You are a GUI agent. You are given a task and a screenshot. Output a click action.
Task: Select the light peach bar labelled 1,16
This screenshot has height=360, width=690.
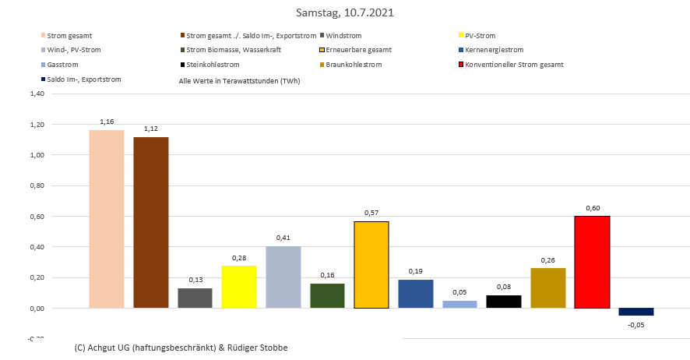(107, 219)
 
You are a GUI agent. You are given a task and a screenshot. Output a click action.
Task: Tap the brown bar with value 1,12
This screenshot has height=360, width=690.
(151, 222)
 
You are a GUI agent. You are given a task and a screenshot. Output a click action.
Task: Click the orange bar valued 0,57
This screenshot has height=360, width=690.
(371, 265)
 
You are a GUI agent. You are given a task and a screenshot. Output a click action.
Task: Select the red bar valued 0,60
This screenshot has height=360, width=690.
(592, 262)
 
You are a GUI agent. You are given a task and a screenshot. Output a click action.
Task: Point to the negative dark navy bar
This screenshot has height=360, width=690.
(636, 312)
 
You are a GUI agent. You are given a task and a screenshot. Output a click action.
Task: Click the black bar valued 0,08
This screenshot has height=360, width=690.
(504, 302)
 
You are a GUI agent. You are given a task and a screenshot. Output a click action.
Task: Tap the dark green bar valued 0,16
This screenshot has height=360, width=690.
(327, 295)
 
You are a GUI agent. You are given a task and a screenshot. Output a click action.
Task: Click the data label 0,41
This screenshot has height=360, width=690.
(283, 238)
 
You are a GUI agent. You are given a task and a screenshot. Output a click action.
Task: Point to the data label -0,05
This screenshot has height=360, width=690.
(636, 323)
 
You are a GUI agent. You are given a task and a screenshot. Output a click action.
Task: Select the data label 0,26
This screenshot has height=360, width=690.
(548, 260)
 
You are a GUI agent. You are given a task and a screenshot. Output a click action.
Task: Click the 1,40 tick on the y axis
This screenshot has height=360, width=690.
(36, 94)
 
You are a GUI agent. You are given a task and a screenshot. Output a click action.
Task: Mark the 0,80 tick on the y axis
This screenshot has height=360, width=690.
(36, 185)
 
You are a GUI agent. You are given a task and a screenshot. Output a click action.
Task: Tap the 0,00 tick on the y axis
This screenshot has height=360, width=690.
(36, 309)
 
